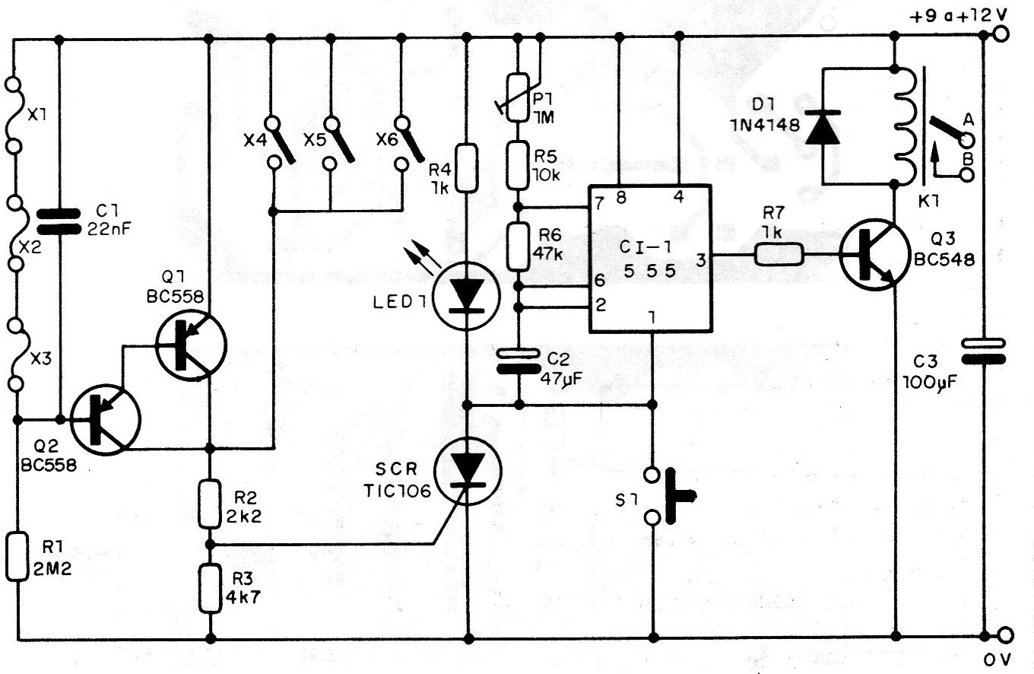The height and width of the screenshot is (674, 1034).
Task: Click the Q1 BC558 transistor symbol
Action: (x=192, y=345)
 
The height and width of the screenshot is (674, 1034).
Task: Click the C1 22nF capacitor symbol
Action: (x=58, y=221)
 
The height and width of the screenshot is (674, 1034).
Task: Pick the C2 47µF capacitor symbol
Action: (x=519, y=361)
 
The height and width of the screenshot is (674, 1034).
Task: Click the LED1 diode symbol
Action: (x=467, y=296)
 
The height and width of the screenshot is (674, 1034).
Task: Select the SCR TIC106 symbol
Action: (x=468, y=471)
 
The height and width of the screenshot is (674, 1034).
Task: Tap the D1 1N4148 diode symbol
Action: (x=822, y=127)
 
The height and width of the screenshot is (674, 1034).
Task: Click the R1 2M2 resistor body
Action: (x=17, y=556)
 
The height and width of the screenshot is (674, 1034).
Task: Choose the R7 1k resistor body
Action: (x=779, y=254)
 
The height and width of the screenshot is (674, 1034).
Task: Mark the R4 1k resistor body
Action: (x=467, y=167)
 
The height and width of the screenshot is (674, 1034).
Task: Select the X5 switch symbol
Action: (x=337, y=143)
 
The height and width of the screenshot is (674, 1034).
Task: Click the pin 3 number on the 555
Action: (x=701, y=260)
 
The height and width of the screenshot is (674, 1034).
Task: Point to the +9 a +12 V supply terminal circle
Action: (x=1001, y=33)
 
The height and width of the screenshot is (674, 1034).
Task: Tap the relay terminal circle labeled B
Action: (x=966, y=175)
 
